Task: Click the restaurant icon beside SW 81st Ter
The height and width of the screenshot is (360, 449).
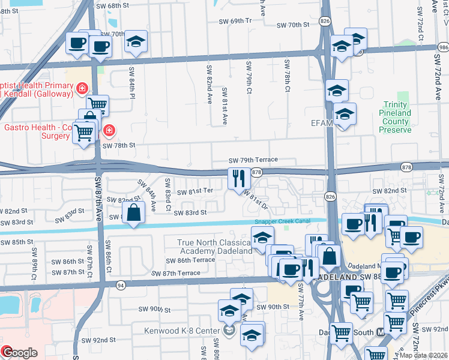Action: [239, 178]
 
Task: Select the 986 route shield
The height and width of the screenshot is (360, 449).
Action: [443, 46]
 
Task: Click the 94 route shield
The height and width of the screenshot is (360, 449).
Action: [121, 284]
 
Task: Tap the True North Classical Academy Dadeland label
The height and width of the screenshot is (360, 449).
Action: [213, 247]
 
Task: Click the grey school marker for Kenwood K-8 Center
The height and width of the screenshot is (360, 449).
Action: [229, 331]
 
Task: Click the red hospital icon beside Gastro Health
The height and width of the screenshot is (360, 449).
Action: [109, 130]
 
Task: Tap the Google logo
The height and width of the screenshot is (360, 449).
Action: [19, 352]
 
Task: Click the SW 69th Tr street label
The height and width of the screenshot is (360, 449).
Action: [235, 20]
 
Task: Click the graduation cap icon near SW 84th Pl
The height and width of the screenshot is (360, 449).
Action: [136, 42]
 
